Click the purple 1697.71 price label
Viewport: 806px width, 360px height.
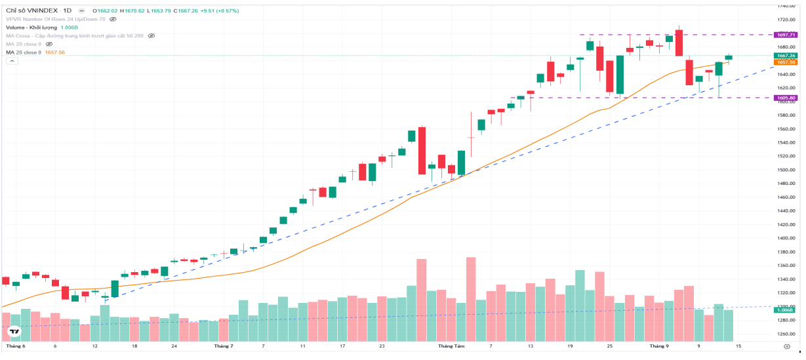pos(786,35)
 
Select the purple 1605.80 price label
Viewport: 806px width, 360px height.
pos(786,98)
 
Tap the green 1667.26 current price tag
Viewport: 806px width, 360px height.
pos(786,56)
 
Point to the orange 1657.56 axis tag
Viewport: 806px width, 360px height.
pos(786,62)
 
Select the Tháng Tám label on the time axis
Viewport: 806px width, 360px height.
pos(451,346)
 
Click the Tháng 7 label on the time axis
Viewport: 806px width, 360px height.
pos(223,346)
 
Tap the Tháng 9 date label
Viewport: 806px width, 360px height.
pos(659,346)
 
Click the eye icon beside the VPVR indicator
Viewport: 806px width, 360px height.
pos(113,20)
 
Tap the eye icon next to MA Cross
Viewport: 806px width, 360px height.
pos(151,36)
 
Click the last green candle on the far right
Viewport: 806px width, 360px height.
pos(729,58)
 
